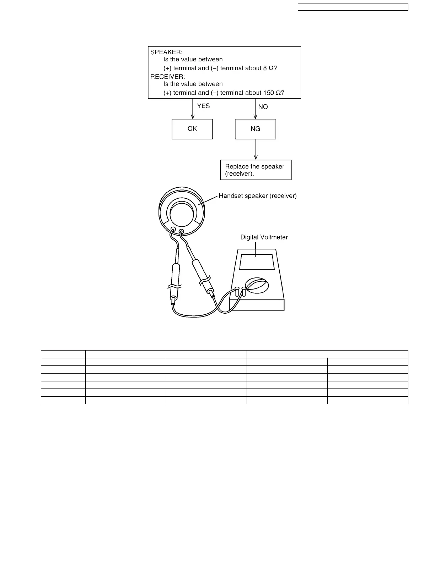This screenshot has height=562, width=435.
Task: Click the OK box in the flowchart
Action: (192, 129)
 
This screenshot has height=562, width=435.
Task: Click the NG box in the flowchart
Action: (255, 129)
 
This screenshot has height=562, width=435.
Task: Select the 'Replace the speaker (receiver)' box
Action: (256, 170)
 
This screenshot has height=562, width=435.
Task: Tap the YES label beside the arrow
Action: (203, 106)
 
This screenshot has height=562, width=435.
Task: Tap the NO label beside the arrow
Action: (263, 107)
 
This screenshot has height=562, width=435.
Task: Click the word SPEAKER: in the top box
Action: (166, 52)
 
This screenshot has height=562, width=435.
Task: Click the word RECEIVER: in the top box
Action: (168, 77)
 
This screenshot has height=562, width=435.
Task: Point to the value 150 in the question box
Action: (268, 93)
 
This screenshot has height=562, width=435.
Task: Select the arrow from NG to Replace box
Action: (256, 149)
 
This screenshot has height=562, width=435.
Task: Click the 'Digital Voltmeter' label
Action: (264, 237)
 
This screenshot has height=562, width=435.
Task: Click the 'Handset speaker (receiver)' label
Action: (258, 195)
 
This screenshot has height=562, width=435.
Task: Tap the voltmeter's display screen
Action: (257, 262)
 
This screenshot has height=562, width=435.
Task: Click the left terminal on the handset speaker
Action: (173, 230)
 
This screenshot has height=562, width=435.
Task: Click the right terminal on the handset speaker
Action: (182, 232)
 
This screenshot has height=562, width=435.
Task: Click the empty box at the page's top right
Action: (353, 7)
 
